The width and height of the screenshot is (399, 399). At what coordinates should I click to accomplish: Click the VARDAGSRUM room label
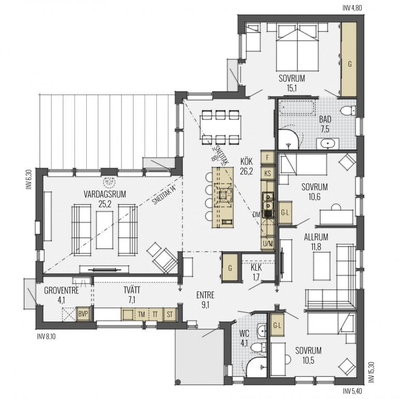coord(105,194)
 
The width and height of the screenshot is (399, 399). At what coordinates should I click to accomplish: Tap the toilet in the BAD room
coord(348,111)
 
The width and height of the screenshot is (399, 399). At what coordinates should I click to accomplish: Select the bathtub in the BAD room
coord(297,108)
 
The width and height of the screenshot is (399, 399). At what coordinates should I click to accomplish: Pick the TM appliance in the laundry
coord(141,314)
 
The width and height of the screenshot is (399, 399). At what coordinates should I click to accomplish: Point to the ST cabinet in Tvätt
coord(170,314)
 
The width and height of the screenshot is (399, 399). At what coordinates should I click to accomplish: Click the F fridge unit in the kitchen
coord(268,158)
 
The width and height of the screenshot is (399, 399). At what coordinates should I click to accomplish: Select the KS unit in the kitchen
coord(268,174)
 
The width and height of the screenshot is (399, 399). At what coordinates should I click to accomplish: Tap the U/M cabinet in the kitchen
coord(268,244)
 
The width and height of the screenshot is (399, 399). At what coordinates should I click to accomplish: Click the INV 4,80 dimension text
coord(352,8)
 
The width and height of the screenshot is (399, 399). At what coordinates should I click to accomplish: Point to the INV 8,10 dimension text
coord(46,337)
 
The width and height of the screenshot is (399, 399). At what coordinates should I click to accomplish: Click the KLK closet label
coord(256,268)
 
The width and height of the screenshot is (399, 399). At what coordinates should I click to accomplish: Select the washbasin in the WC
coord(262,331)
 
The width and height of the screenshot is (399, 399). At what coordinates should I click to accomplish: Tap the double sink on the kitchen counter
coord(268,201)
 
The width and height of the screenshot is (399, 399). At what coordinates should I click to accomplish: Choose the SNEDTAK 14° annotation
coord(164,196)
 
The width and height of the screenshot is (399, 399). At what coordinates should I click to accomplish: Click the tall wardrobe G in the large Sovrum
coord(349,60)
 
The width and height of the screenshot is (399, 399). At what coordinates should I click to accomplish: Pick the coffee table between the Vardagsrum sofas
coord(104,230)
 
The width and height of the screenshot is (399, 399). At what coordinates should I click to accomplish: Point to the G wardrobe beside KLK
coord(230,268)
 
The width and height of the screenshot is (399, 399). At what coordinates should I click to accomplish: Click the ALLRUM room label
coord(316,237)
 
